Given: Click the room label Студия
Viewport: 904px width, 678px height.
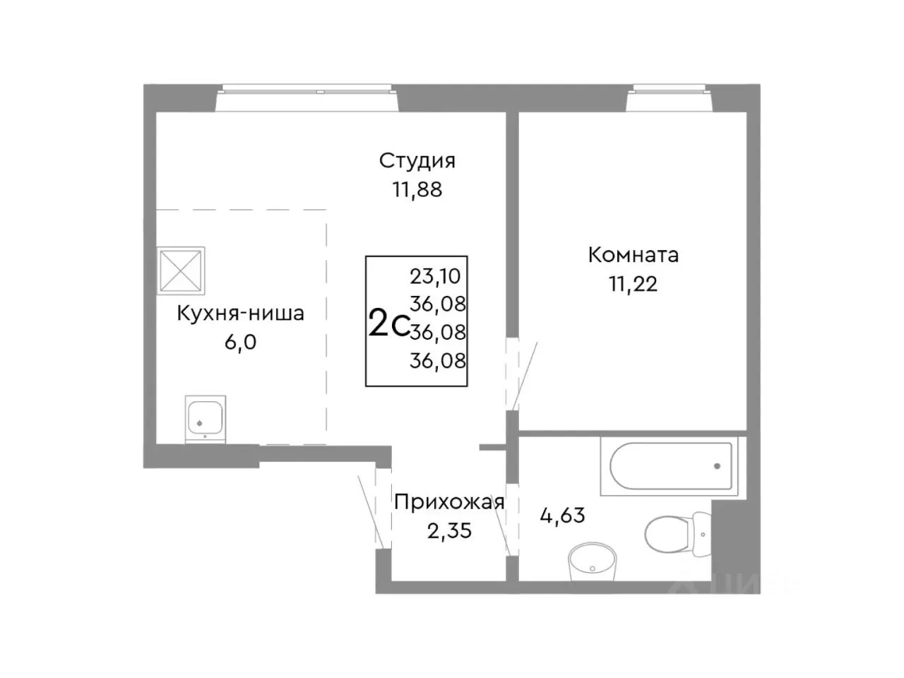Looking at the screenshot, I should click(x=417, y=161).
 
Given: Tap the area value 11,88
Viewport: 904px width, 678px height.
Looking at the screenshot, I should click(x=417, y=189).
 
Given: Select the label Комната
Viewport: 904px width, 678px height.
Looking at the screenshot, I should click(x=633, y=255).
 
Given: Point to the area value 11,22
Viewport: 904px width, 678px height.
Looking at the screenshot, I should click(x=633, y=284).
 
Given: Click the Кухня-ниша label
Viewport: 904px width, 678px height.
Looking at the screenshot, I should click(x=240, y=313).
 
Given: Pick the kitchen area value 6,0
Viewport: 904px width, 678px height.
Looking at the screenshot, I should click(x=240, y=343).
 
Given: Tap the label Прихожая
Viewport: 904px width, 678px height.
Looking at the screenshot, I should click(x=449, y=502).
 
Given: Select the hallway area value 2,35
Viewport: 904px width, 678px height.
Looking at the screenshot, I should click(x=449, y=530).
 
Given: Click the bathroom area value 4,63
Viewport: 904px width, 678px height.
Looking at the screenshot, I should click(x=562, y=516).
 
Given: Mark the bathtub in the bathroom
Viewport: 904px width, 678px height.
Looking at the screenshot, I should click(x=667, y=466).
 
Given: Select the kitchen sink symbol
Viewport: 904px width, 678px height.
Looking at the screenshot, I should click(x=206, y=418).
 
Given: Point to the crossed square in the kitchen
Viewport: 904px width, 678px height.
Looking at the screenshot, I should click(x=182, y=270).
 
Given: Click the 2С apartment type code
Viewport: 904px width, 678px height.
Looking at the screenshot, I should click(x=388, y=324).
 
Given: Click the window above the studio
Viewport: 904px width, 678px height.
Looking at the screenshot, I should click(x=307, y=90).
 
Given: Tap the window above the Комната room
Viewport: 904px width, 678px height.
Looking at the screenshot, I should click(x=669, y=90).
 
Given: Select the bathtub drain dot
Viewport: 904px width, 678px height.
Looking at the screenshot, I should click(x=717, y=466).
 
